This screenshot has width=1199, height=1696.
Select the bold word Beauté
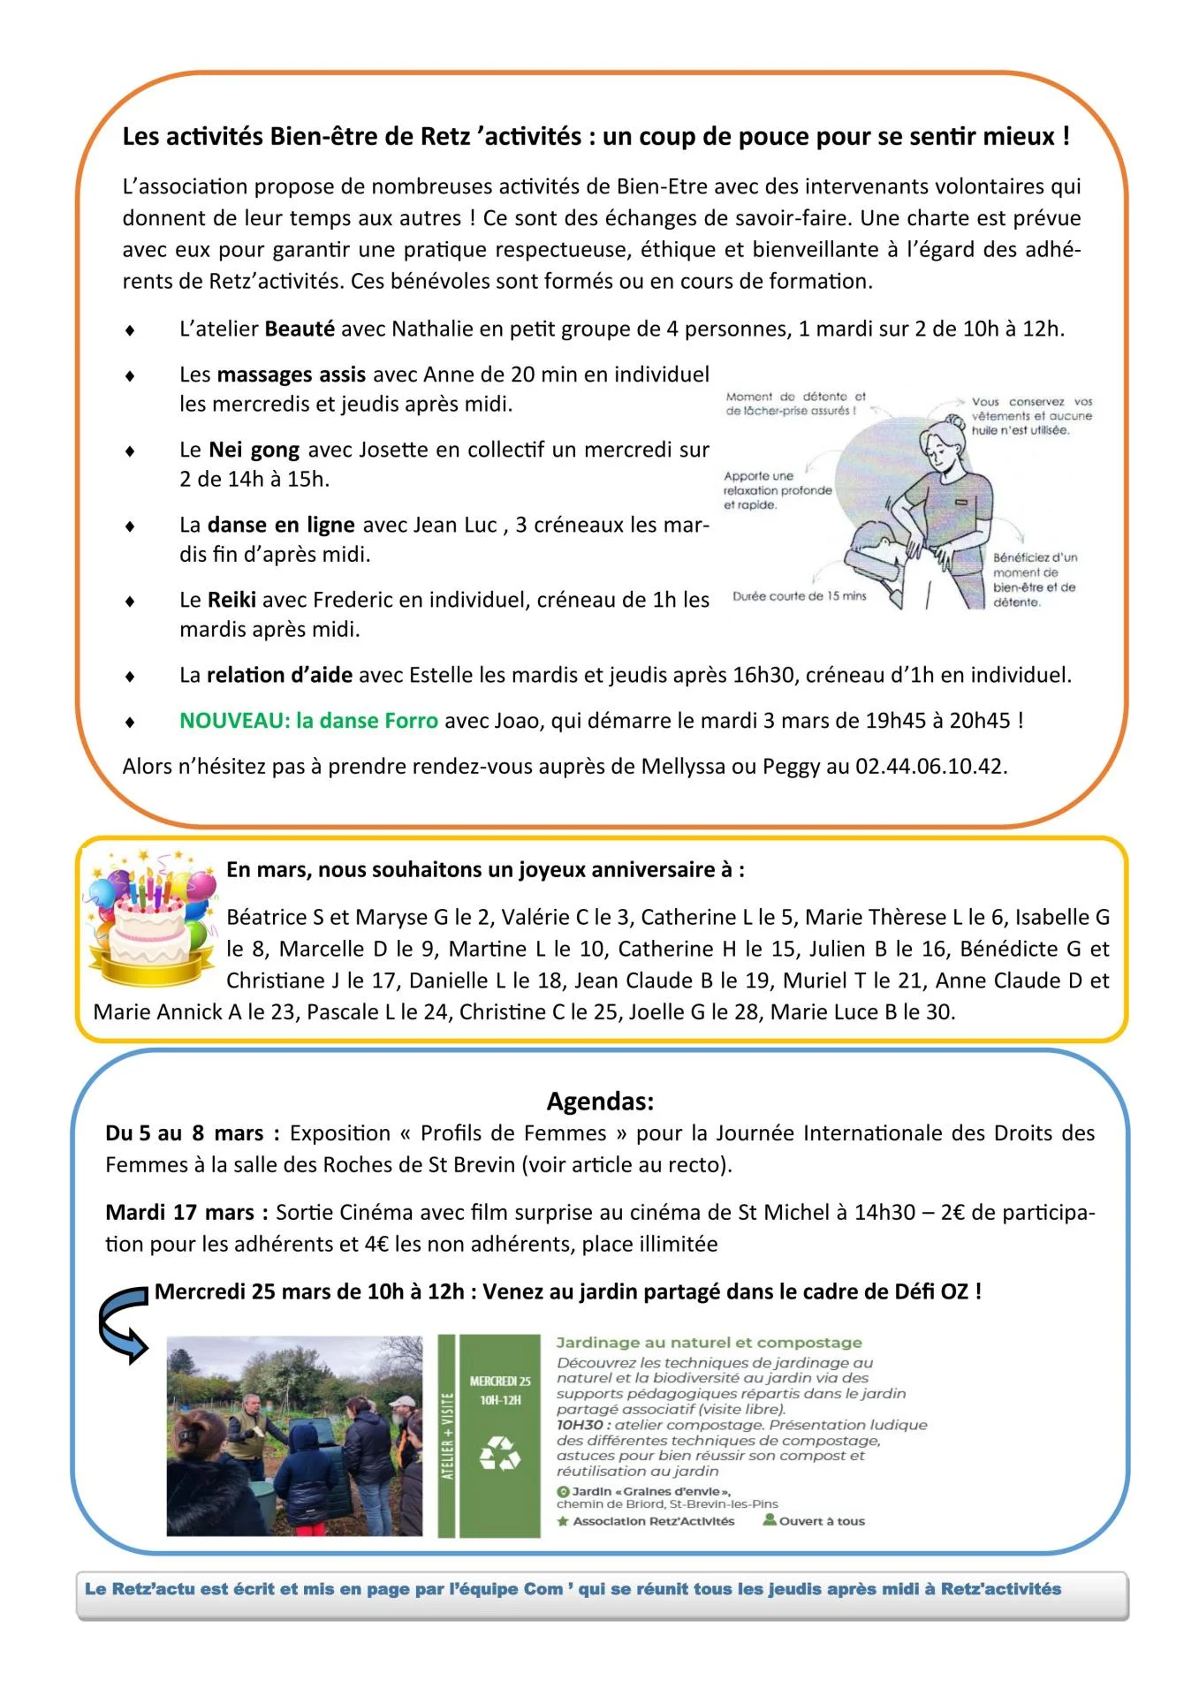300,329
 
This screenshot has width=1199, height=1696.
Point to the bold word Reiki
231,601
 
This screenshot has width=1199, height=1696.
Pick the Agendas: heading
600,1102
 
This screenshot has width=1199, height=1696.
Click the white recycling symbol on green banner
499,1454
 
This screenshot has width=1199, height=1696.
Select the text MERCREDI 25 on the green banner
500,1382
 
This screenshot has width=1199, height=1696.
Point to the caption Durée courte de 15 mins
799,596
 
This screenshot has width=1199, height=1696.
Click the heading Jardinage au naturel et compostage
709,1343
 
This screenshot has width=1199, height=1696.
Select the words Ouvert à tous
822,1521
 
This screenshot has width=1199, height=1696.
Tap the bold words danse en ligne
281,526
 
